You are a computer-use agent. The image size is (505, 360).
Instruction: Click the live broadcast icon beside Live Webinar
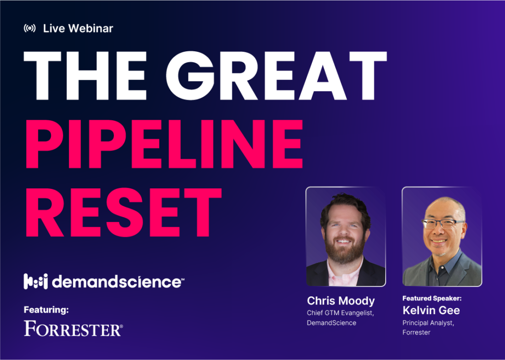(x=30, y=28)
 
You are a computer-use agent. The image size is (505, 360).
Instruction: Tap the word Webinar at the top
(x=91, y=28)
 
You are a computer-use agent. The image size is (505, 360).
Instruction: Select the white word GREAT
(x=276, y=75)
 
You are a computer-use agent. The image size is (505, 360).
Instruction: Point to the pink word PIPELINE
(x=164, y=144)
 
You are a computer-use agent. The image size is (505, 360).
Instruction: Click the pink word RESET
(x=124, y=213)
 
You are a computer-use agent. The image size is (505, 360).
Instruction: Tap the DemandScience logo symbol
(x=36, y=282)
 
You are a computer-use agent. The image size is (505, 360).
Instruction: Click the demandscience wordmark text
(x=118, y=282)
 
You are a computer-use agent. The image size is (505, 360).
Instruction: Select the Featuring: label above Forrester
(x=46, y=310)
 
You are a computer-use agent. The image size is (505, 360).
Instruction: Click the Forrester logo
(x=73, y=328)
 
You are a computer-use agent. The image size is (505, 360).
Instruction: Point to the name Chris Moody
(x=341, y=301)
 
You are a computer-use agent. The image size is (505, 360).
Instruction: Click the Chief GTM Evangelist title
(x=340, y=313)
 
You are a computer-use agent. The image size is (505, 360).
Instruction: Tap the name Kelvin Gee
(x=431, y=310)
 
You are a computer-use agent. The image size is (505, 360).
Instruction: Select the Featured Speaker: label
(x=432, y=298)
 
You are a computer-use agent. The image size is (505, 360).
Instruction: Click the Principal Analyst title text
(x=429, y=323)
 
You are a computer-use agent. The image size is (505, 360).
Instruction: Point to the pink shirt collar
(x=344, y=274)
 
